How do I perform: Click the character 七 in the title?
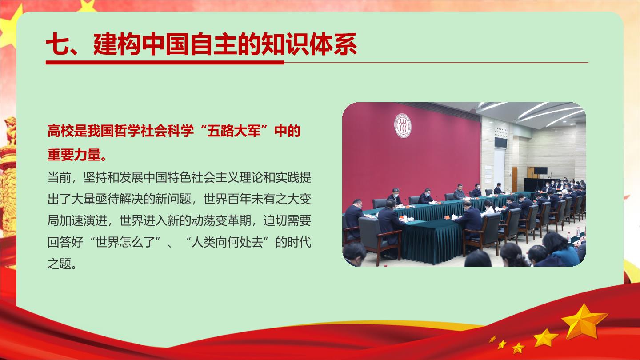click(x=57, y=44)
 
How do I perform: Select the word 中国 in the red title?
click(x=166, y=44)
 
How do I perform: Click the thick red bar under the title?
click(x=165, y=62)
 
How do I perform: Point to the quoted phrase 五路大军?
click(x=234, y=132)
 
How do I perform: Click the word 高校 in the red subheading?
click(x=60, y=132)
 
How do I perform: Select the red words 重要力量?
click(x=74, y=155)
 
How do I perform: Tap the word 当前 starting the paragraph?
click(x=60, y=178)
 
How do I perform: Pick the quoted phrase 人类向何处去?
click(x=227, y=243)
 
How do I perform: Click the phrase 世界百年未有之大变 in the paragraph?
click(x=257, y=199)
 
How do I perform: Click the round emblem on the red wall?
click(x=403, y=125)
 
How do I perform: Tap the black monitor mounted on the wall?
click(x=500, y=142)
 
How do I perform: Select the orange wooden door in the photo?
click(x=515, y=180)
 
